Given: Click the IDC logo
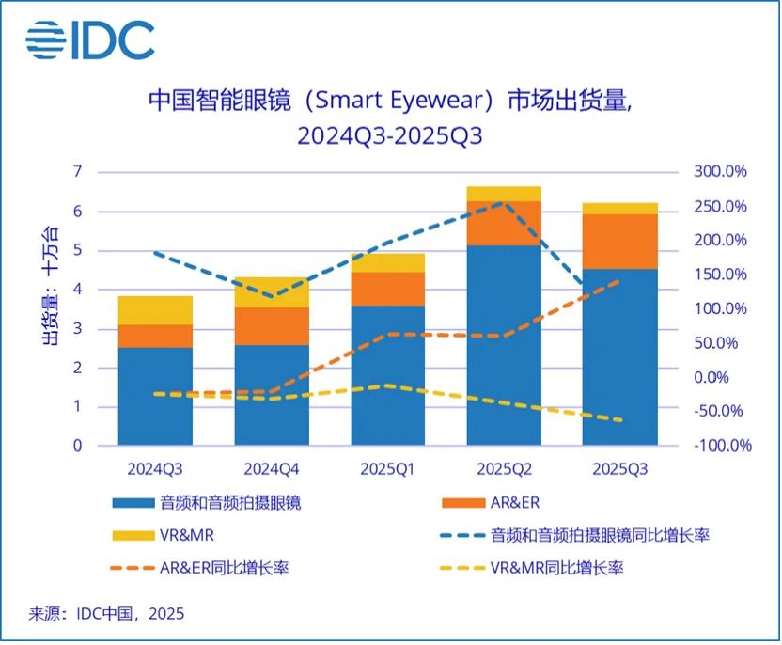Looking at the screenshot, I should pos(89,39).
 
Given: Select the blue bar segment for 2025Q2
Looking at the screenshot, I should pos(504,344).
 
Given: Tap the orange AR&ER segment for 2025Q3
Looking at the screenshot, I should pos(620,242).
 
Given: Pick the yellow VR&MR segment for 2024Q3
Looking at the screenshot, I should pos(155,310).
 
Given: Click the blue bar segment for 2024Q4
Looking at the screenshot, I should pos(272,395).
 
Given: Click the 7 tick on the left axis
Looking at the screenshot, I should pos(77,171).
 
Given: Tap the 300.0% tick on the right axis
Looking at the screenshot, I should pos(721,172).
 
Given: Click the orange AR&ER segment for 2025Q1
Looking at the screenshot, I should pos(388,289).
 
